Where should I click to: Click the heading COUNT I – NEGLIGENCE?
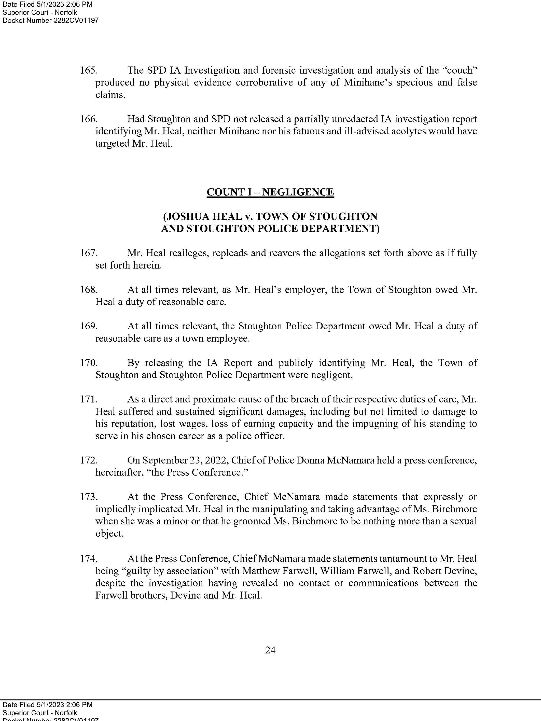pos(270,192)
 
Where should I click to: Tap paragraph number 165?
pos(88,70)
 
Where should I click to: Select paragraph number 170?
pos(88,363)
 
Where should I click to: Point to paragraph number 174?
pos(88,559)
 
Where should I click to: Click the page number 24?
pos(270,650)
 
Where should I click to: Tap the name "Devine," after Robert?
pos(461,571)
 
